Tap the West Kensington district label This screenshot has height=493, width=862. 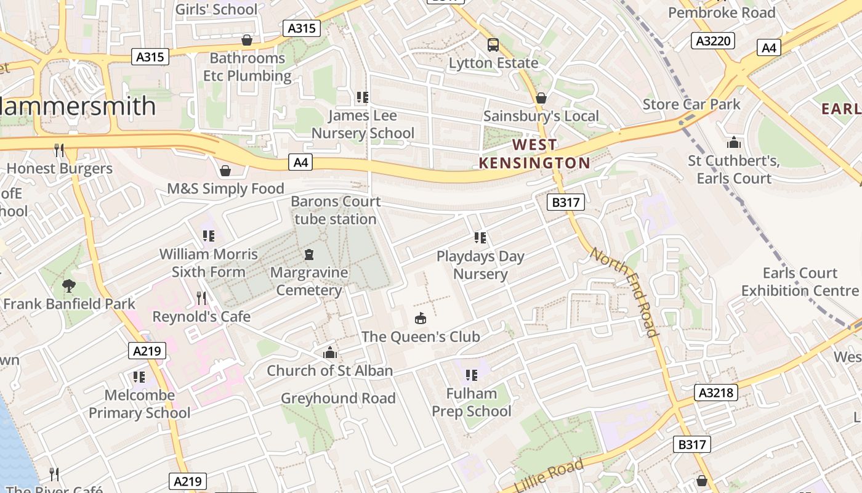534,154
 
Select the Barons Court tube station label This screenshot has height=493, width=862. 336,210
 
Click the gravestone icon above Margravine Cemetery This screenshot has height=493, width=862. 309,254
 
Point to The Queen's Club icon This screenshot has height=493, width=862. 421,319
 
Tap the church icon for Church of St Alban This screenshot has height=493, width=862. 330,353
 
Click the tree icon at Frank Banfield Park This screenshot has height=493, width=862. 68,285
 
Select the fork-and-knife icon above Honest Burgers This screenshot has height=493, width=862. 59,150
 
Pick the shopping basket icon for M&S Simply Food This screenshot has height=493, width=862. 225,170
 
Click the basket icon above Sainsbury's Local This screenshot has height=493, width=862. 541,98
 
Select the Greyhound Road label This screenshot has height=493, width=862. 338,398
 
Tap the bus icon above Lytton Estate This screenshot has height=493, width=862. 493,44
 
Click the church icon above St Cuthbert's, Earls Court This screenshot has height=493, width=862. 733,143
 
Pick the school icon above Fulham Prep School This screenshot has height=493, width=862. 472,375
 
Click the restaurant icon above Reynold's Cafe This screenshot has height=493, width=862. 201,298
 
